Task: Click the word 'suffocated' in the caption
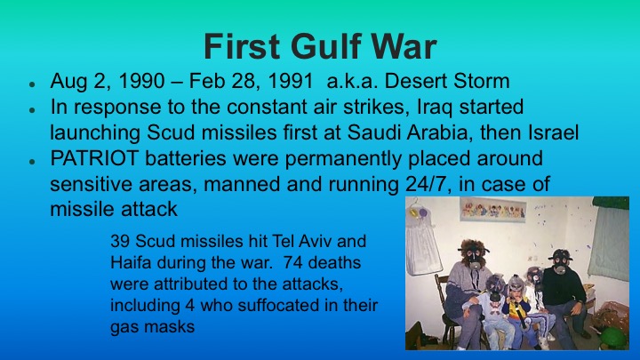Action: pyautogui.click(x=293, y=305)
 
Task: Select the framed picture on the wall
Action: pyautogui.click(x=492, y=211)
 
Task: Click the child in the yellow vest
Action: pyautogui.click(x=515, y=307)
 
